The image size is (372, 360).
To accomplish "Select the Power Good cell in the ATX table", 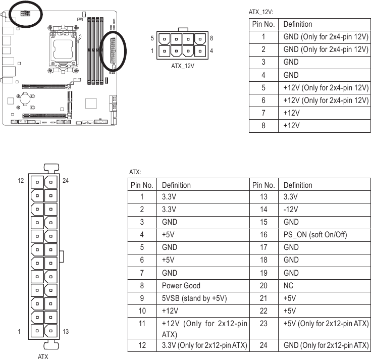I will point(181,285).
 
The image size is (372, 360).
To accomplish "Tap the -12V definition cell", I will point(291,209).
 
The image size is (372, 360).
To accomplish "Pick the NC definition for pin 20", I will point(288,285).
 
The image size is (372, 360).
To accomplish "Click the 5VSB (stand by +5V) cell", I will point(194,298).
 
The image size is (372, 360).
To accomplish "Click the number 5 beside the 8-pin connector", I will point(152,38).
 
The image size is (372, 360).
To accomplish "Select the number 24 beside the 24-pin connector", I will point(66,180).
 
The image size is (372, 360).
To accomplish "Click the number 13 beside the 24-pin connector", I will point(66,331).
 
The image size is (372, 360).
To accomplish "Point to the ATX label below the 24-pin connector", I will point(43,355).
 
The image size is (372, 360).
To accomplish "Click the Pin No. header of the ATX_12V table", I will point(263,24).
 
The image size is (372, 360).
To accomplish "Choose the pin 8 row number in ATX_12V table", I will point(263,125).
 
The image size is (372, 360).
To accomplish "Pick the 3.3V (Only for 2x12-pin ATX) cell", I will point(204,345).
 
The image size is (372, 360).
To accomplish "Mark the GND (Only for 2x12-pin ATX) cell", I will point(326,345).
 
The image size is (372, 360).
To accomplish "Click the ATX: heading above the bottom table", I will point(135,172).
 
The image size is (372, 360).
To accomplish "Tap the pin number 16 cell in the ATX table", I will point(263,235).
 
